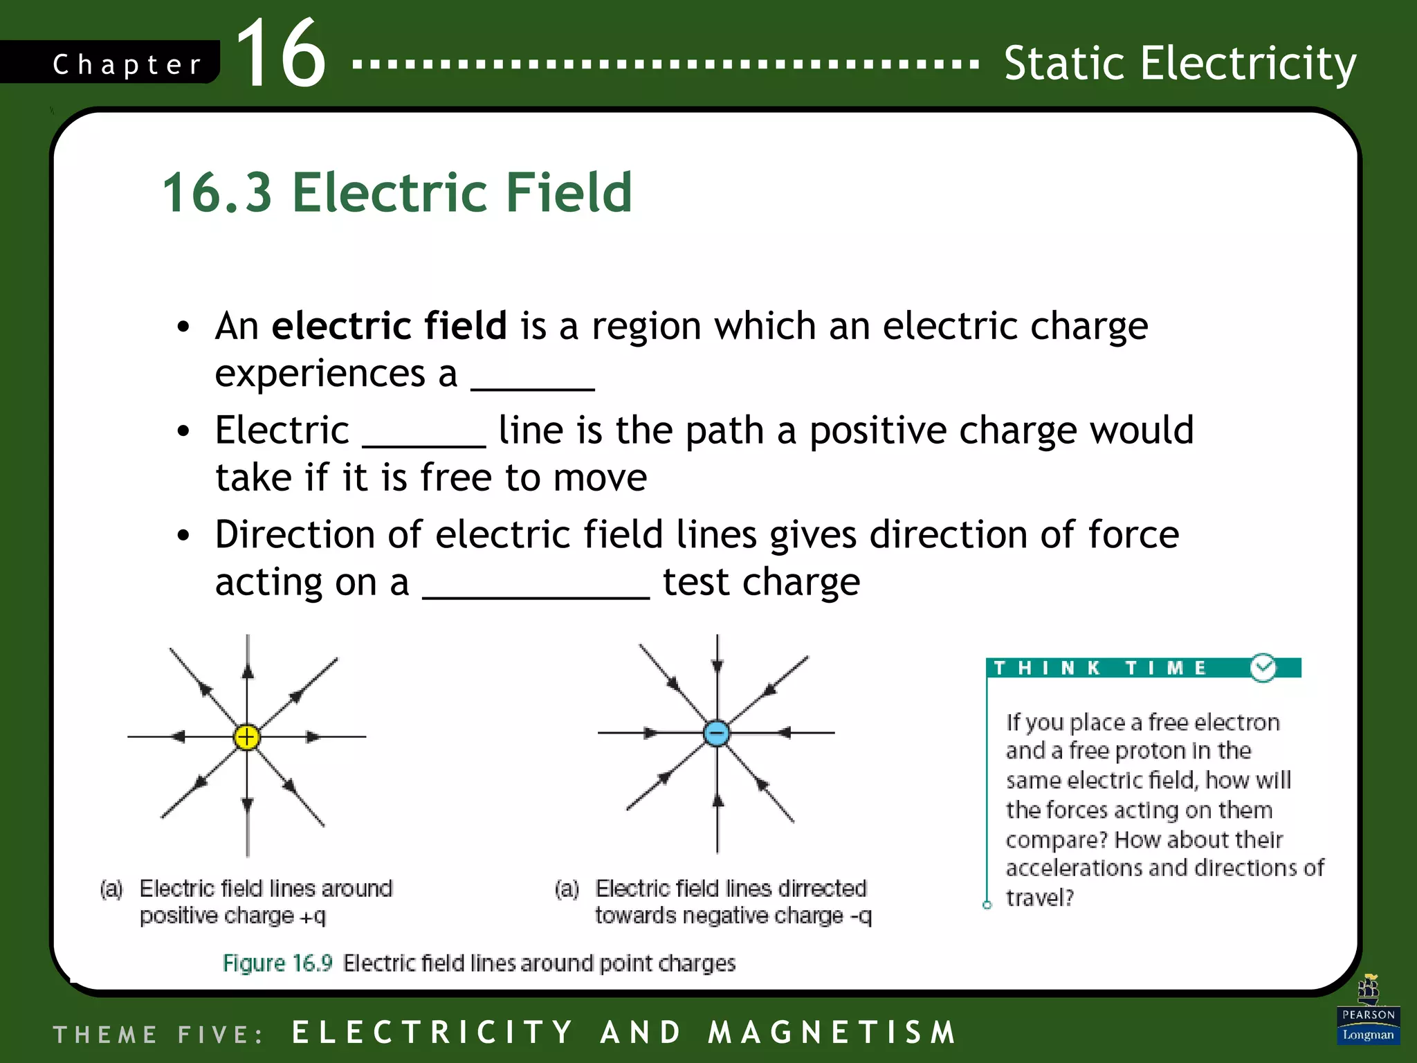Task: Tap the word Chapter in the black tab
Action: (127, 65)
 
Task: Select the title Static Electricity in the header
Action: (1180, 64)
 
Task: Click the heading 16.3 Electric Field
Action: (396, 192)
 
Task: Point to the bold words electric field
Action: (390, 325)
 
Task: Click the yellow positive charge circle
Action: (247, 737)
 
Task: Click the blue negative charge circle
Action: (717, 733)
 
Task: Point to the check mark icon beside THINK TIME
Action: (1263, 668)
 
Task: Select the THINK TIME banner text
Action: (1100, 668)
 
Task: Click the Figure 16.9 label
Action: (277, 963)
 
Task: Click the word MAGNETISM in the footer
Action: (833, 1033)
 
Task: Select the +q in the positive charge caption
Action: (312, 916)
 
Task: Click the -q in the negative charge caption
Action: (861, 916)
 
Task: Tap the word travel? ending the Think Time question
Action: (1039, 898)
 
